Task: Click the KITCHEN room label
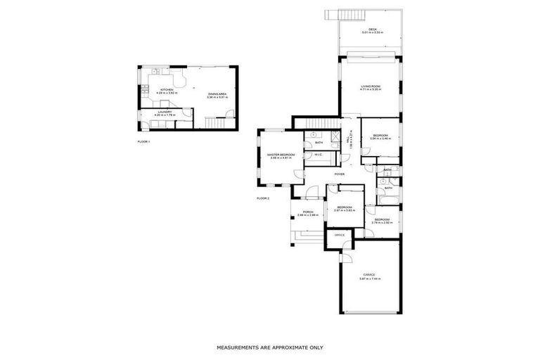pyautogui.click(x=167, y=90)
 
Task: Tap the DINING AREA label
pyautogui.click(x=217, y=94)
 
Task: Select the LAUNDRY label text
pyautogui.click(x=165, y=111)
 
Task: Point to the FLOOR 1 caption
pyautogui.click(x=144, y=141)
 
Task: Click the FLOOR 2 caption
pyautogui.click(x=264, y=199)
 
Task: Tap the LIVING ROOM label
pyautogui.click(x=371, y=86)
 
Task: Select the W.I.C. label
pyautogui.click(x=318, y=155)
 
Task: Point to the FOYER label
pyautogui.click(x=340, y=174)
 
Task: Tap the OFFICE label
pyautogui.click(x=339, y=235)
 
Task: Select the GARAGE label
pyautogui.click(x=369, y=274)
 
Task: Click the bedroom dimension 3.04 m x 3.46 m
pyautogui.click(x=380, y=139)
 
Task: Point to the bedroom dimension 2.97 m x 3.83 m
pyautogui.click(x=344, y=210)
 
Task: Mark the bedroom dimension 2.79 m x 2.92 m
pyautogui.click(x=382, y=224)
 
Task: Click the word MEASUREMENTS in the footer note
pyautogui.click(x=238, y=347)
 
